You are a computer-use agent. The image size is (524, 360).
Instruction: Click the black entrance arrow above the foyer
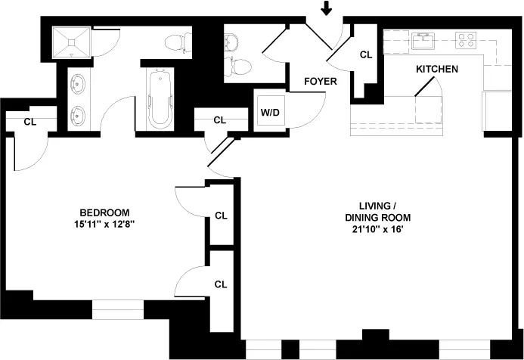(x=326, y=8)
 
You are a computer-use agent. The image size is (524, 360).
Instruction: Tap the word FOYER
(x=321, y=81)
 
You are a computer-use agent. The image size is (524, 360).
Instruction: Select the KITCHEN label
(x=436, y=69)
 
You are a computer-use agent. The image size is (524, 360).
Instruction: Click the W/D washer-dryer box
(x=268, y=113)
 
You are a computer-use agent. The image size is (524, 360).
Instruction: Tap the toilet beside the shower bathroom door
(x=178, y=42)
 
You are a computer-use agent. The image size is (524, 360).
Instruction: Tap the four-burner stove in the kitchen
(x=465, y=39)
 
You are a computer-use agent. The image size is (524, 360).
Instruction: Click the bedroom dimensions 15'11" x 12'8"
(x=104, y=225)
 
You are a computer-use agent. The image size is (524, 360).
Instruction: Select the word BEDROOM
(x=104, y=213)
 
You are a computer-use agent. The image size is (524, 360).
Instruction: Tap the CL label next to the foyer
(x=366, y=54)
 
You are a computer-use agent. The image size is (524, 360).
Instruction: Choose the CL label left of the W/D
(x=219, y=120)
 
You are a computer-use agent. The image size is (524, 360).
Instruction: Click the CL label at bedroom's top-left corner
(x=29, y=121)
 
